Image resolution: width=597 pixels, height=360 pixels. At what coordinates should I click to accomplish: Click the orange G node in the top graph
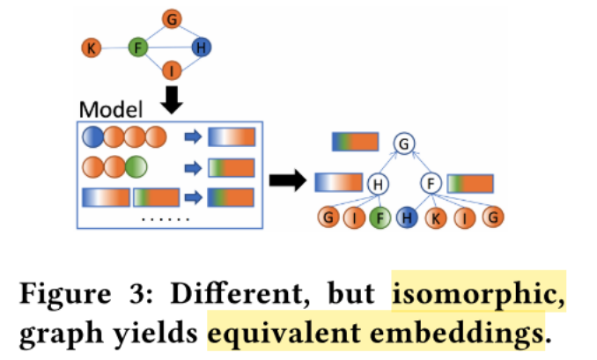[172, 18]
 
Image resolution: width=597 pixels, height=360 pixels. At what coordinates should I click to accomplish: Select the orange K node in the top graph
[91, 48]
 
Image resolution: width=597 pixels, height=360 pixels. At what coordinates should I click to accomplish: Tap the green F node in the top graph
[137, 48]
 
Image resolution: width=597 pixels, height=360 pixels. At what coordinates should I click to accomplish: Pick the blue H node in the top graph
[201, 48]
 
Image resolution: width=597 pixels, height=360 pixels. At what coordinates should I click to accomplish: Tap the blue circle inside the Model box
[92, 137]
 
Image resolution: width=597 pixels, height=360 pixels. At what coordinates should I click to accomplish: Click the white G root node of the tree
[403, 143]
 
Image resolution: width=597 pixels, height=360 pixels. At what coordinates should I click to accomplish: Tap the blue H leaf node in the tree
[408, 217]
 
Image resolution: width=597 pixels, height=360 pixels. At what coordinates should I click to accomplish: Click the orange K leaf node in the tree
[437, 217]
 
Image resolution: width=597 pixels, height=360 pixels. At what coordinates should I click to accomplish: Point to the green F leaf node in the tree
[379, 217]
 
